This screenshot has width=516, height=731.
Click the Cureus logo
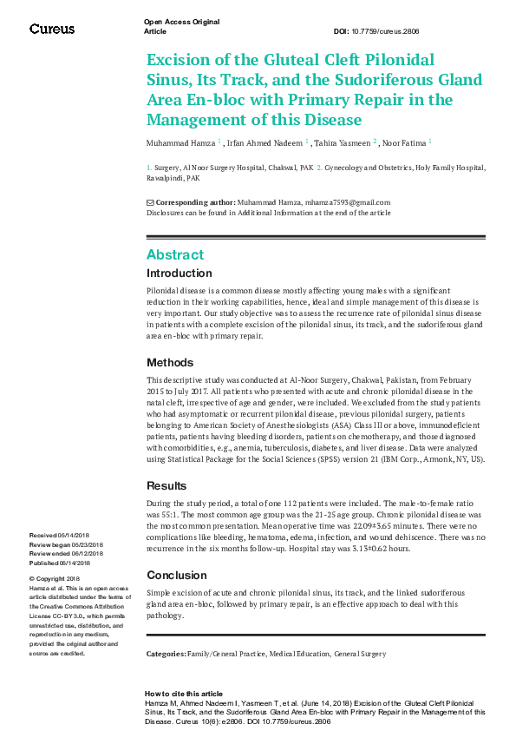coord(52,29)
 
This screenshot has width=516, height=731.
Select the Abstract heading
coord(175,254)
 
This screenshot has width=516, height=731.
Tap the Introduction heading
coord(179,273)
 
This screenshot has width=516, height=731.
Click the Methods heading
coord(170,362)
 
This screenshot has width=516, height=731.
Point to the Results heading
coord(167,486)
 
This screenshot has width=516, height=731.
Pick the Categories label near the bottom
coord(166,652)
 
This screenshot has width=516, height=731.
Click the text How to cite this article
coord(184,695)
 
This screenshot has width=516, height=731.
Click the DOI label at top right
coord(341,31)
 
